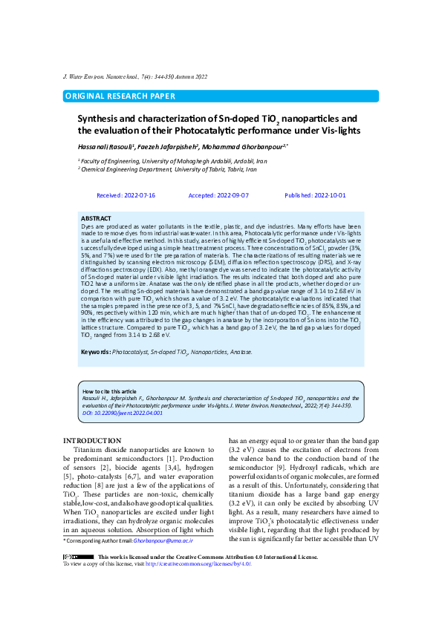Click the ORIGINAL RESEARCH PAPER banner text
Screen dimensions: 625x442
tap(120, 96)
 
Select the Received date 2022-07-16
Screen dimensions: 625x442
tap(126, 195)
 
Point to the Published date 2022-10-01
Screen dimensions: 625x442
tap(315, 195)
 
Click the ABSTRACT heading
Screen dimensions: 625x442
tap(96, 218)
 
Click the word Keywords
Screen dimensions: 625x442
tap(95, 351)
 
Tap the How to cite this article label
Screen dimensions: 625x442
tap(109, 390)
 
